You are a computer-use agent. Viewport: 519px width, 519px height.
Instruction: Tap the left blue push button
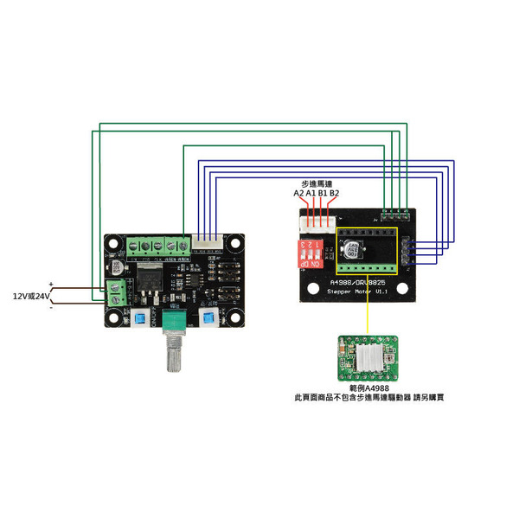pos(139,321)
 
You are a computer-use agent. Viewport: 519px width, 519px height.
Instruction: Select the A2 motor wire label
pos(298,194)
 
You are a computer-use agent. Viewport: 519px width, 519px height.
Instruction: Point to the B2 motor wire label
pos(335,194)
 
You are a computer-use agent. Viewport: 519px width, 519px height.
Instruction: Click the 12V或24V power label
pos(28,296)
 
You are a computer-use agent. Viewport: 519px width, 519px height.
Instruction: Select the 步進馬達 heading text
pos(316,183)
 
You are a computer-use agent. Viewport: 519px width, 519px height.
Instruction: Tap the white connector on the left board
pos(207,243)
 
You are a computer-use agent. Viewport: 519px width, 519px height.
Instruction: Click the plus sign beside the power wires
pos(52,284)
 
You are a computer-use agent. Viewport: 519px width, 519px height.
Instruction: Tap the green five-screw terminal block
pos(159,246)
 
